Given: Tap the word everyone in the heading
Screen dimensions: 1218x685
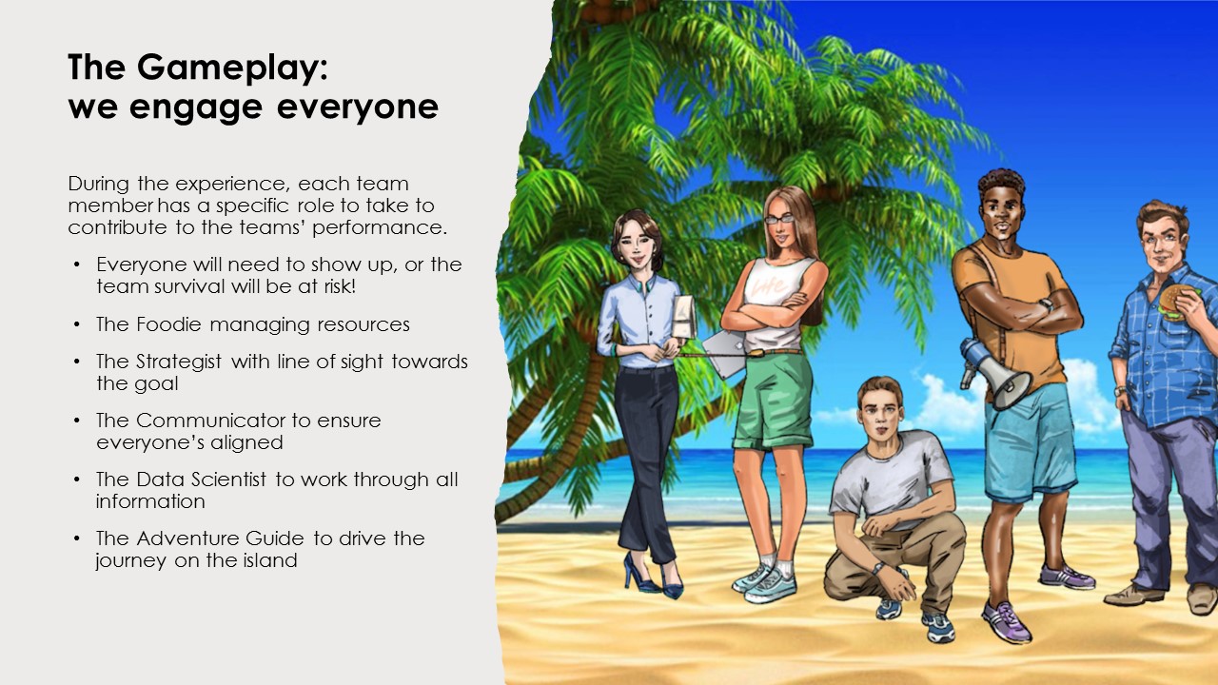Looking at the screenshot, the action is [357, 108].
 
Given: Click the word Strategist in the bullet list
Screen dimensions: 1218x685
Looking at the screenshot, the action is [179, 362].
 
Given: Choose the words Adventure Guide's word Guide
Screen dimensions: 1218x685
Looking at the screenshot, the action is [275, 538].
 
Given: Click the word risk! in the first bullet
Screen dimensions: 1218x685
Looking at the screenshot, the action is [340, 286].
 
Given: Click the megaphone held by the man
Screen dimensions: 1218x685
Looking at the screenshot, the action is [995, 373].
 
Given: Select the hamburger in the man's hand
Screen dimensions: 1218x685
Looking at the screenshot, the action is [1174, 303].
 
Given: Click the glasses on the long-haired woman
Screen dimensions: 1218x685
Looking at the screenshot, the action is [779, 220].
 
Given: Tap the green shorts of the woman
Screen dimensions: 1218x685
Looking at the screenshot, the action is [774, 401].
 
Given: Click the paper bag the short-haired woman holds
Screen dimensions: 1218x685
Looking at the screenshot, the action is [684, 318].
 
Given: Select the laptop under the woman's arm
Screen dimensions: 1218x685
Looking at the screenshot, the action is [725, 352].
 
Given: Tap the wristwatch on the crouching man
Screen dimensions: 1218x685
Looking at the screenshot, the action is [876, 568].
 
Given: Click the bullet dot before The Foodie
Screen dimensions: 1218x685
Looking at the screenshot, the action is [77, 324].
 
